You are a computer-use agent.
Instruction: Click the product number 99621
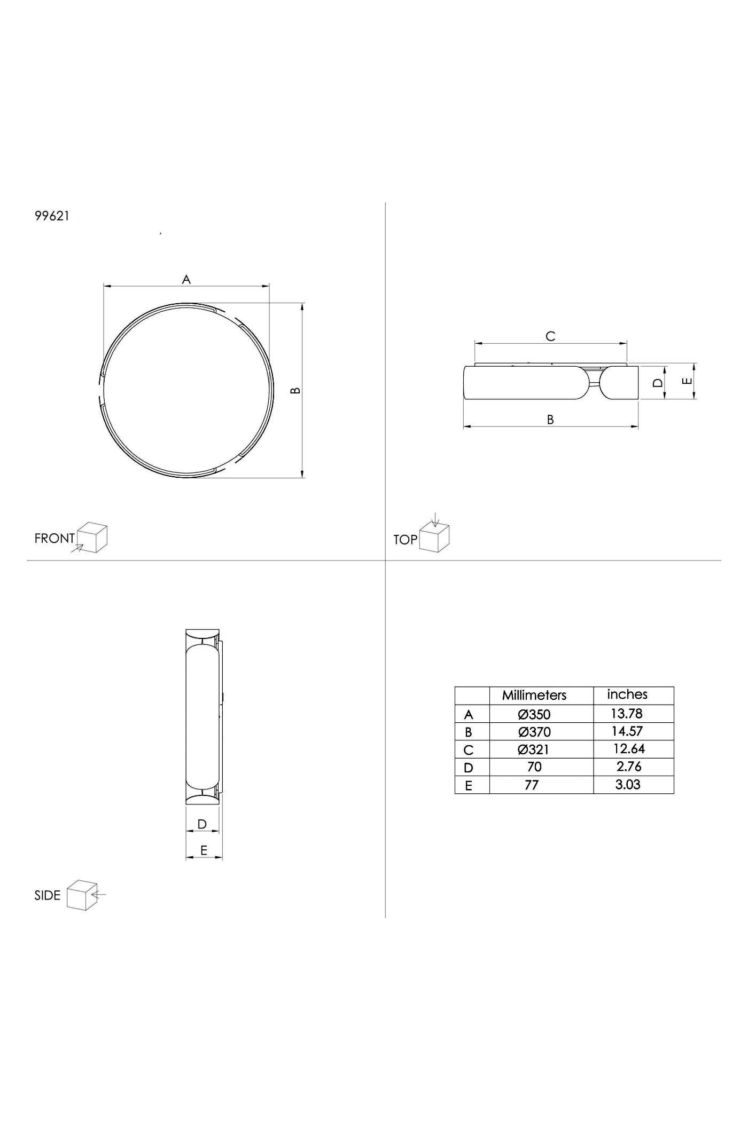[52, 216]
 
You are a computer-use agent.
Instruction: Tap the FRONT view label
[54, 538]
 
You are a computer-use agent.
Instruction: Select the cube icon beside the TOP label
[434, 535]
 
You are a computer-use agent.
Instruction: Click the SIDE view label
[48, 895]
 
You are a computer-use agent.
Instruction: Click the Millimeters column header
[534, 695]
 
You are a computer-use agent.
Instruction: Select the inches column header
[627, 694]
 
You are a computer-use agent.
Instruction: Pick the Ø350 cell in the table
[534, 714]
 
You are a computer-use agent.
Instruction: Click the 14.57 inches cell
[627, 731]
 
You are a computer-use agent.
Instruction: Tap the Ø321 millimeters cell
[533, 749]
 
